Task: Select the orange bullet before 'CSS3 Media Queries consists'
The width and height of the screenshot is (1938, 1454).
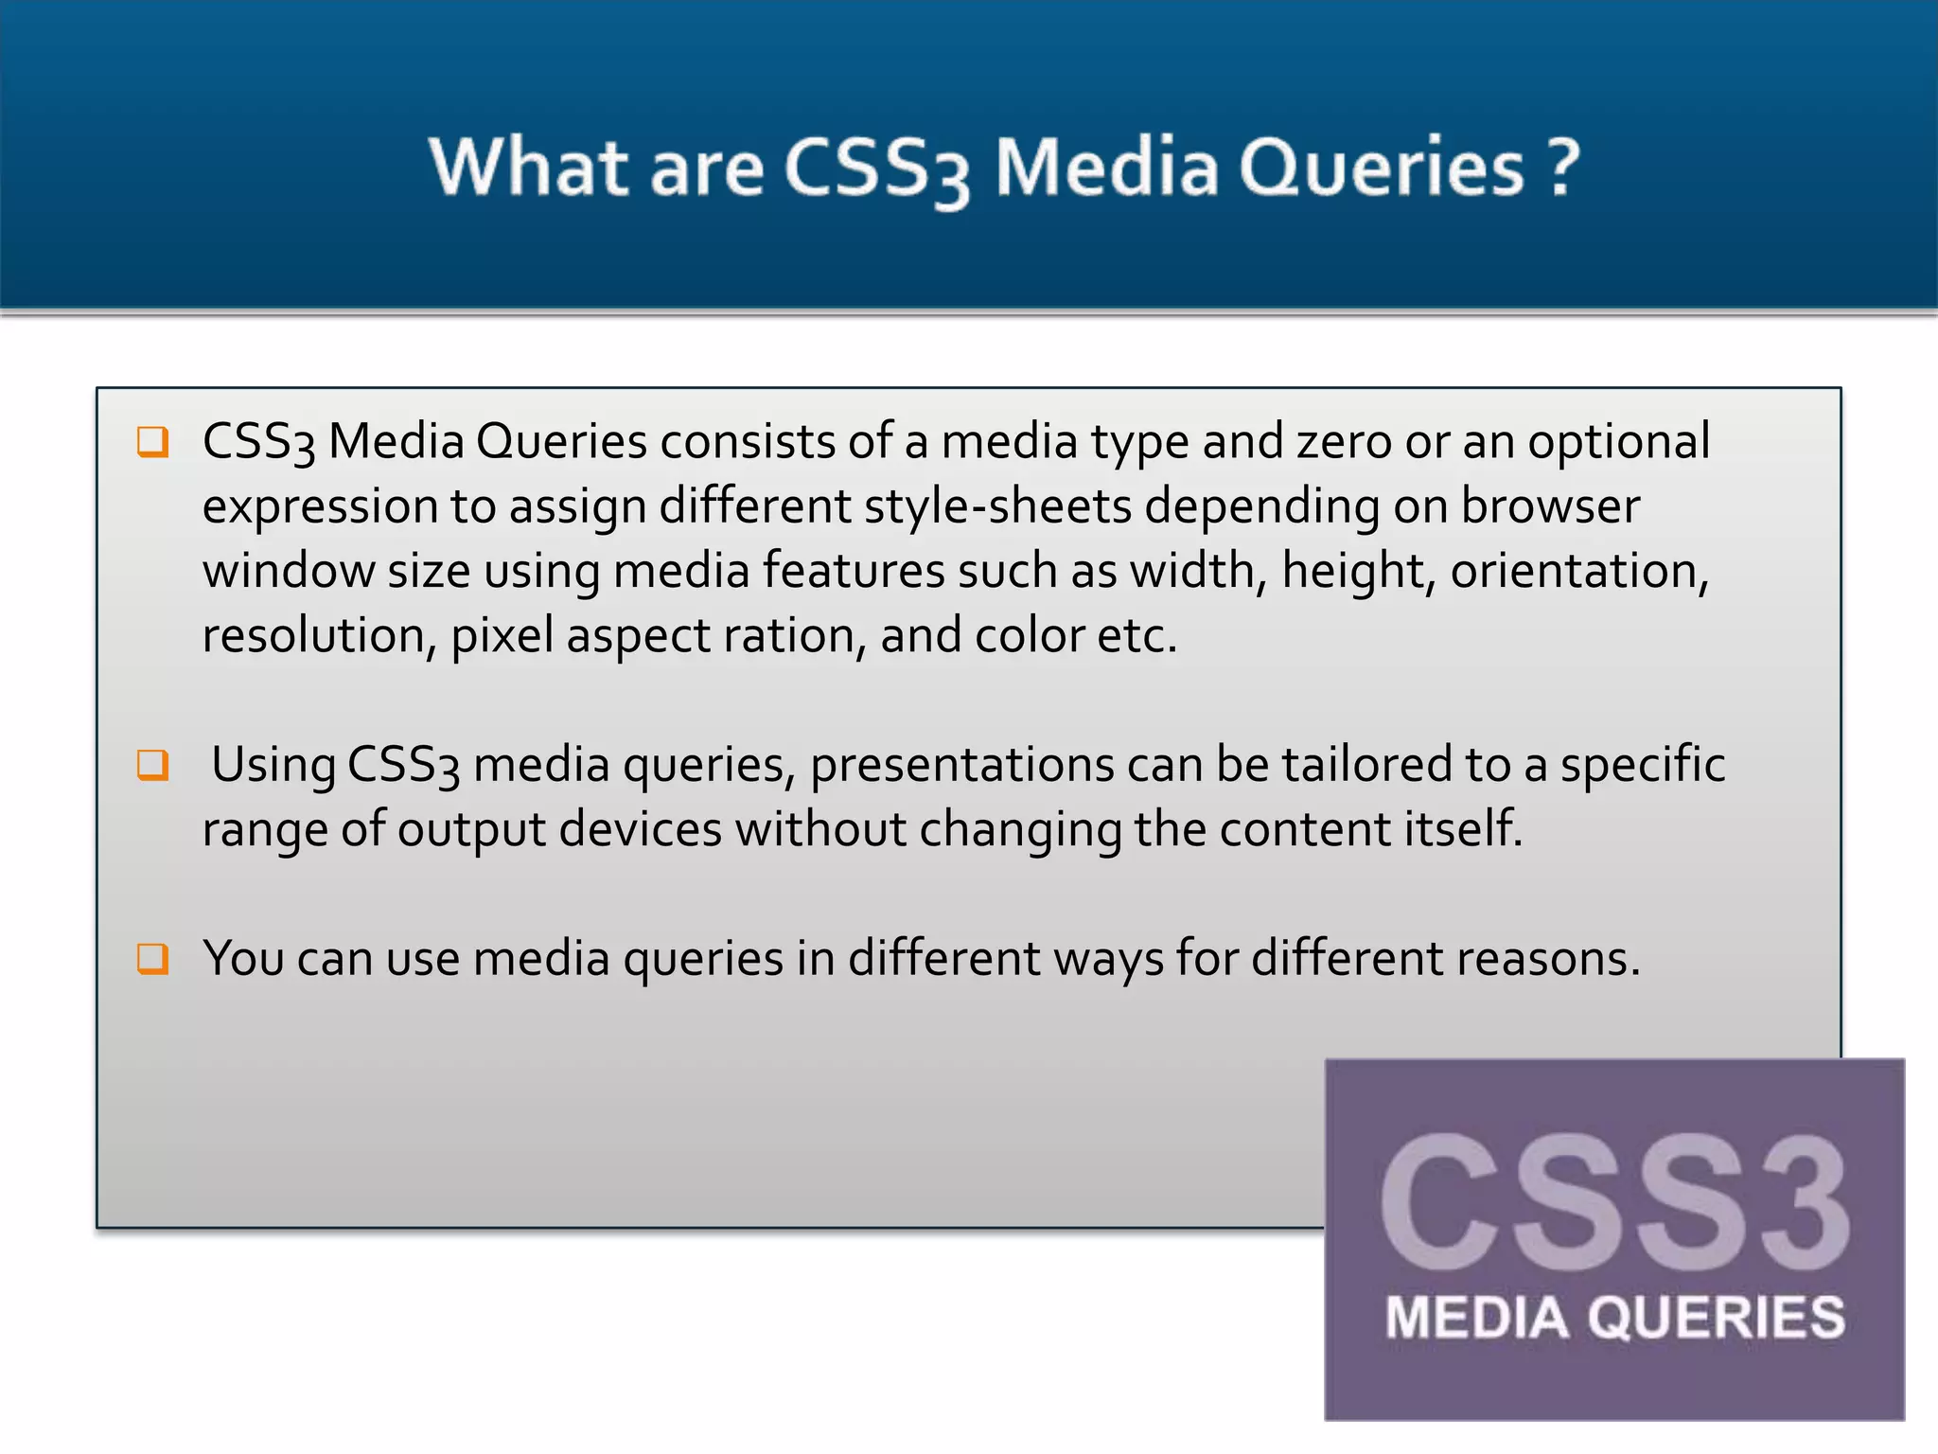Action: (152, 441)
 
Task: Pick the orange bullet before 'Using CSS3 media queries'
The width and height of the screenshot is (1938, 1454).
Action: (152, 764)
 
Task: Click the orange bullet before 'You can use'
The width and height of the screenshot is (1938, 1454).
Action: (152, 958)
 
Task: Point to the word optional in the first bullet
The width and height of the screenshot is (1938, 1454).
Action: (1618, 442)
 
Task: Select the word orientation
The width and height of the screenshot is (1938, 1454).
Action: (1578, 571)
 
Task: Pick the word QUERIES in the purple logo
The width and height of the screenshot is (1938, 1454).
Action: (1717, 1318)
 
